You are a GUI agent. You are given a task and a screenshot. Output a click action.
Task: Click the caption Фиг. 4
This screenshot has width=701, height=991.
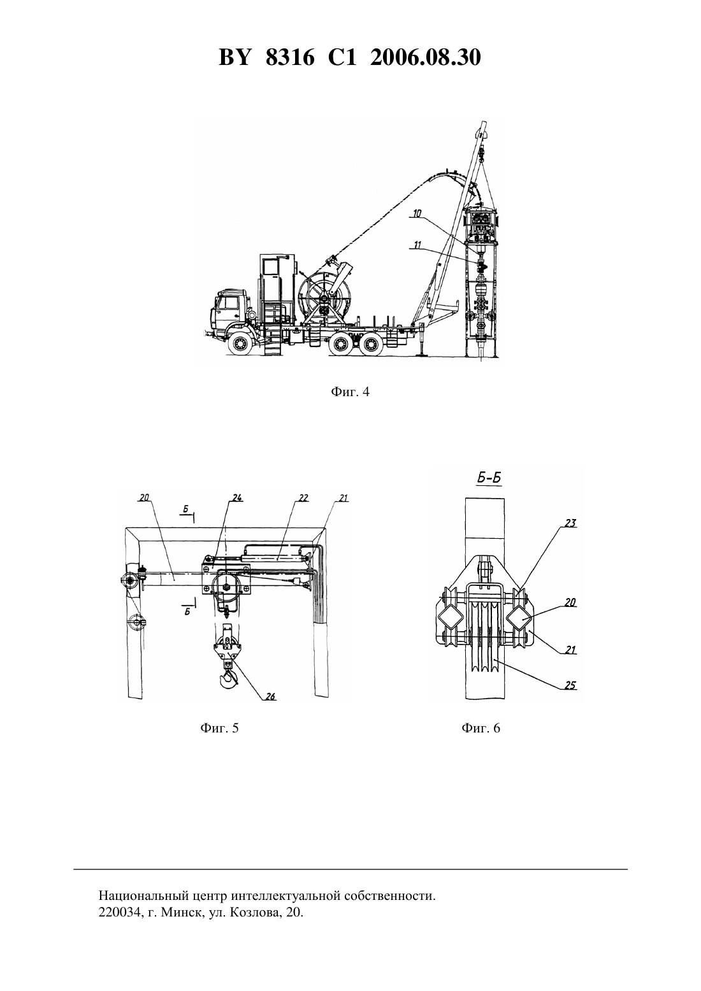pos(350,392)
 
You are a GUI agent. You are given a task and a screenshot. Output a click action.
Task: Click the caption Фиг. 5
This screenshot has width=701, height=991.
pos(219,728)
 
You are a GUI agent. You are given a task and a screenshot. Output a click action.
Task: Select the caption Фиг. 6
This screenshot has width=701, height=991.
pos(481,728)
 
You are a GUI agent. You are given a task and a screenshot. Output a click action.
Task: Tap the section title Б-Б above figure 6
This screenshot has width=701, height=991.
pos(489,479)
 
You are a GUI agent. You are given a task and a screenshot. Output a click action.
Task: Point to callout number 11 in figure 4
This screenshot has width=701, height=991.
pos(418,245)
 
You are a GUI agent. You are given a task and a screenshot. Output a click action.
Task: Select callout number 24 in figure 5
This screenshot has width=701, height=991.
pos(237,498)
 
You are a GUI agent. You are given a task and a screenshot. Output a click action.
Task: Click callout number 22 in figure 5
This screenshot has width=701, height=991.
pos(303,498)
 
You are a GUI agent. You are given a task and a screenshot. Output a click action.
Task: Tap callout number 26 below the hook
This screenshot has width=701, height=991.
pos(270,696)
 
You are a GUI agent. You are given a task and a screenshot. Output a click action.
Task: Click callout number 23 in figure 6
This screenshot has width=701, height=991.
pos(571,524)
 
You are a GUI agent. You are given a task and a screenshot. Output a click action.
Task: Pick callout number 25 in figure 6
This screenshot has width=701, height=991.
pos(571,685)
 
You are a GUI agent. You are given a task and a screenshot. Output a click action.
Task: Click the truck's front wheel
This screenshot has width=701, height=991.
pos(240,344)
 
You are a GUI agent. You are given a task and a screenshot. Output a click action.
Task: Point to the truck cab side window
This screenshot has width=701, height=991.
pos(229,303)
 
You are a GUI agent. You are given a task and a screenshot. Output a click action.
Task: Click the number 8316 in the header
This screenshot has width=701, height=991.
pos(290,57)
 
